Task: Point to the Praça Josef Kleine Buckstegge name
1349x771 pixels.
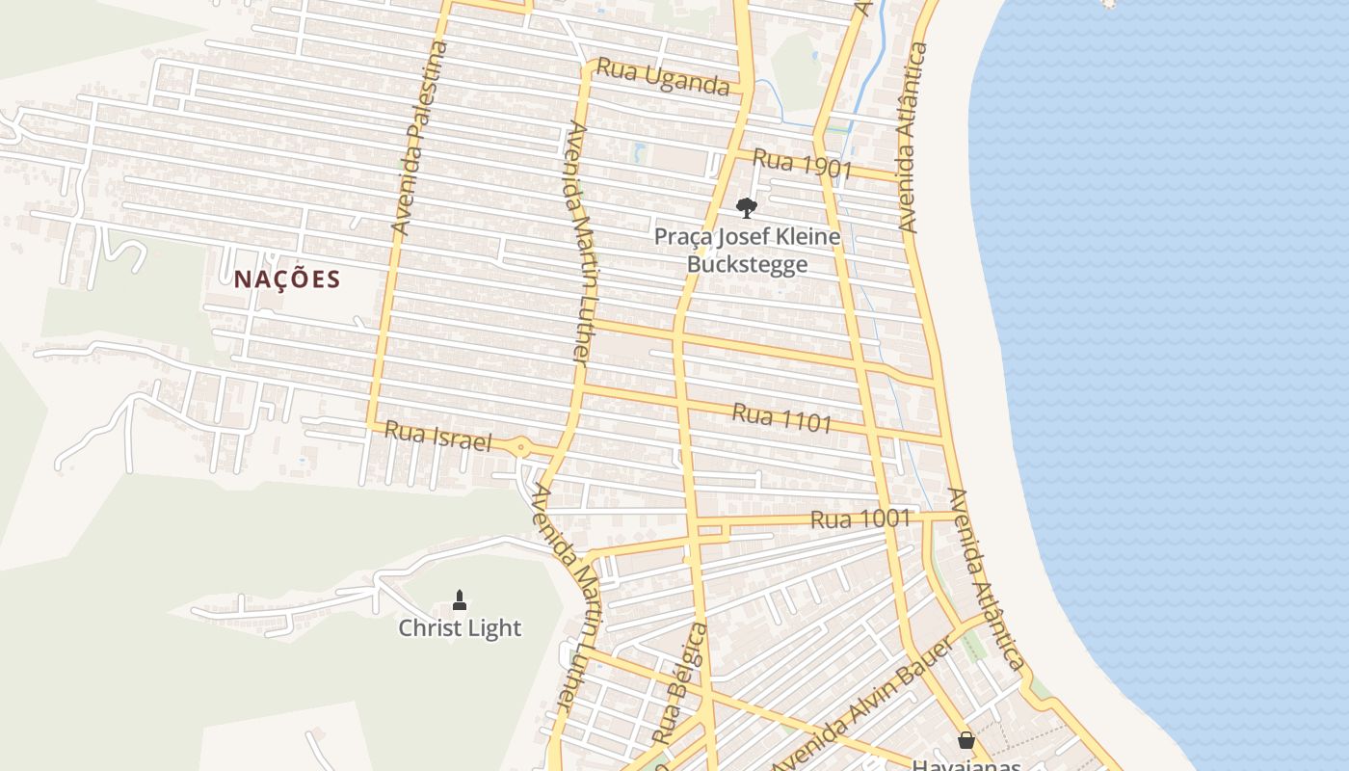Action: (x=747, y=250)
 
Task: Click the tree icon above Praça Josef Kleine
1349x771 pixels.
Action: (x=746, y=207)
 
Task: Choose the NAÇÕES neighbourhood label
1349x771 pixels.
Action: (x=287, y=279)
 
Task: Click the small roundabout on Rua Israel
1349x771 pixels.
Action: (x=521, y=446)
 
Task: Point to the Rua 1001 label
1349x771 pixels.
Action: (x=860, y=518)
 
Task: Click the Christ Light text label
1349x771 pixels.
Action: (x=460, y=628)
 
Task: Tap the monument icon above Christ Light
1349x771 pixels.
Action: (x=460, y=600)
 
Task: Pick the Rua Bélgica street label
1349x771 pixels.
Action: (x=679, y=682)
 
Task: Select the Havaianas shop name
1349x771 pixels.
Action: (x=965, y=764)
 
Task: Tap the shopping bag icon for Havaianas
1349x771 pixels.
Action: (x=965, y=740)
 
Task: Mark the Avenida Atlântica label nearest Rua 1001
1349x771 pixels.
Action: (x=985, y=579)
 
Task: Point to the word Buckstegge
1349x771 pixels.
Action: (x=747, y=264)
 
